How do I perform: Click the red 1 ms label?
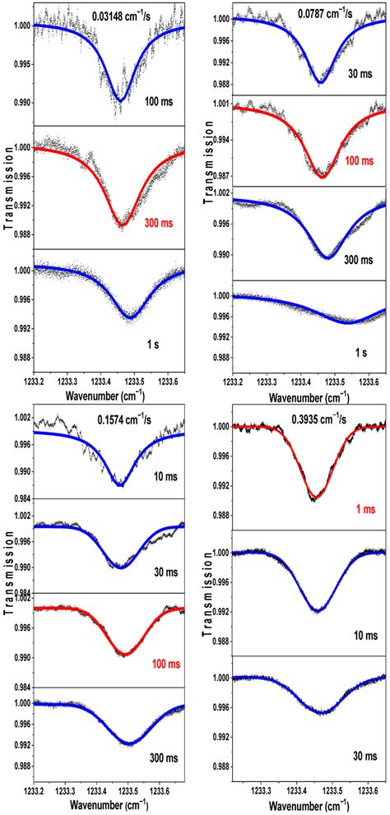(x=359, y=510)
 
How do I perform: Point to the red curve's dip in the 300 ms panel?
(x=122, y=225)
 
